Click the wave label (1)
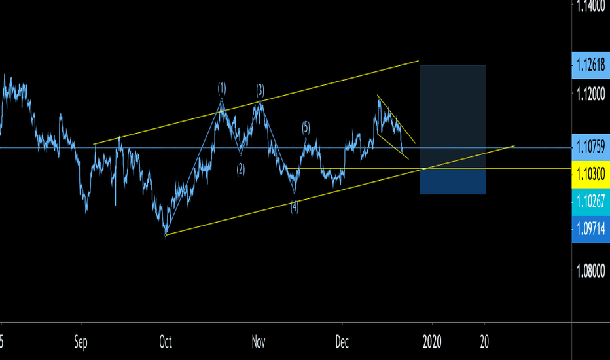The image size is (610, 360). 222,88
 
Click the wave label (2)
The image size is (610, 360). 241,168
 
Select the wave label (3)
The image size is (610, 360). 260,89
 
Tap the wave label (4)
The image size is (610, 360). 295,206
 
